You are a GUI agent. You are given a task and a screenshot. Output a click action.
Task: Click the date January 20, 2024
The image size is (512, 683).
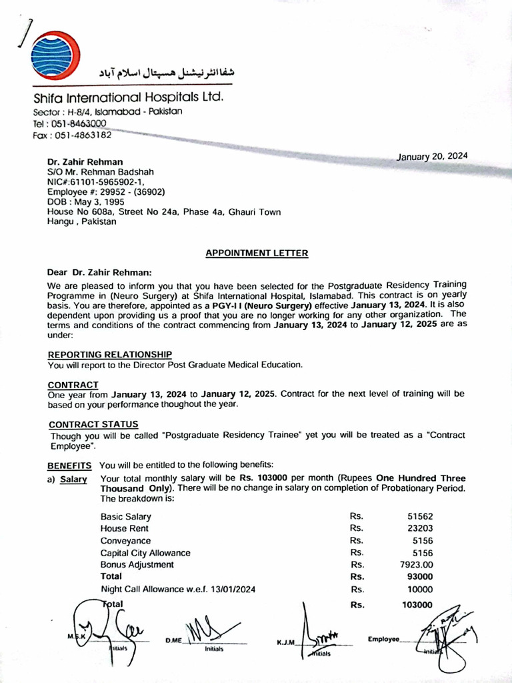click(x=432, y=157)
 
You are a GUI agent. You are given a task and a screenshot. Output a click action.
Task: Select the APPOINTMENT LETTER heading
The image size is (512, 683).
click(x=257, y=253)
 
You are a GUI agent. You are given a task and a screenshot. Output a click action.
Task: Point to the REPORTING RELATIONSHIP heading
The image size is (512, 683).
click(x=110, y=355)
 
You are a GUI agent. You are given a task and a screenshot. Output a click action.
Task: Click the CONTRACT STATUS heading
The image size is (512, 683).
click(x=93, y=424)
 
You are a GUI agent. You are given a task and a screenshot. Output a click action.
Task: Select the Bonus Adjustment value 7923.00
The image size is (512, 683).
click(x=417, y=564)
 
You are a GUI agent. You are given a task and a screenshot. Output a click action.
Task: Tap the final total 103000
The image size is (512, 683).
click(x=417, y=605)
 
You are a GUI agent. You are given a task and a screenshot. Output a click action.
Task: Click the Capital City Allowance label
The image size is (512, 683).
click(x=145, y=553)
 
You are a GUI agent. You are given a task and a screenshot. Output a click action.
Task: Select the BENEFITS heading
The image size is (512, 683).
click(x=69, y=465)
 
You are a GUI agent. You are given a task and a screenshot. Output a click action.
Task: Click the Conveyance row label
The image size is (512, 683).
click(x=125, y=541)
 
